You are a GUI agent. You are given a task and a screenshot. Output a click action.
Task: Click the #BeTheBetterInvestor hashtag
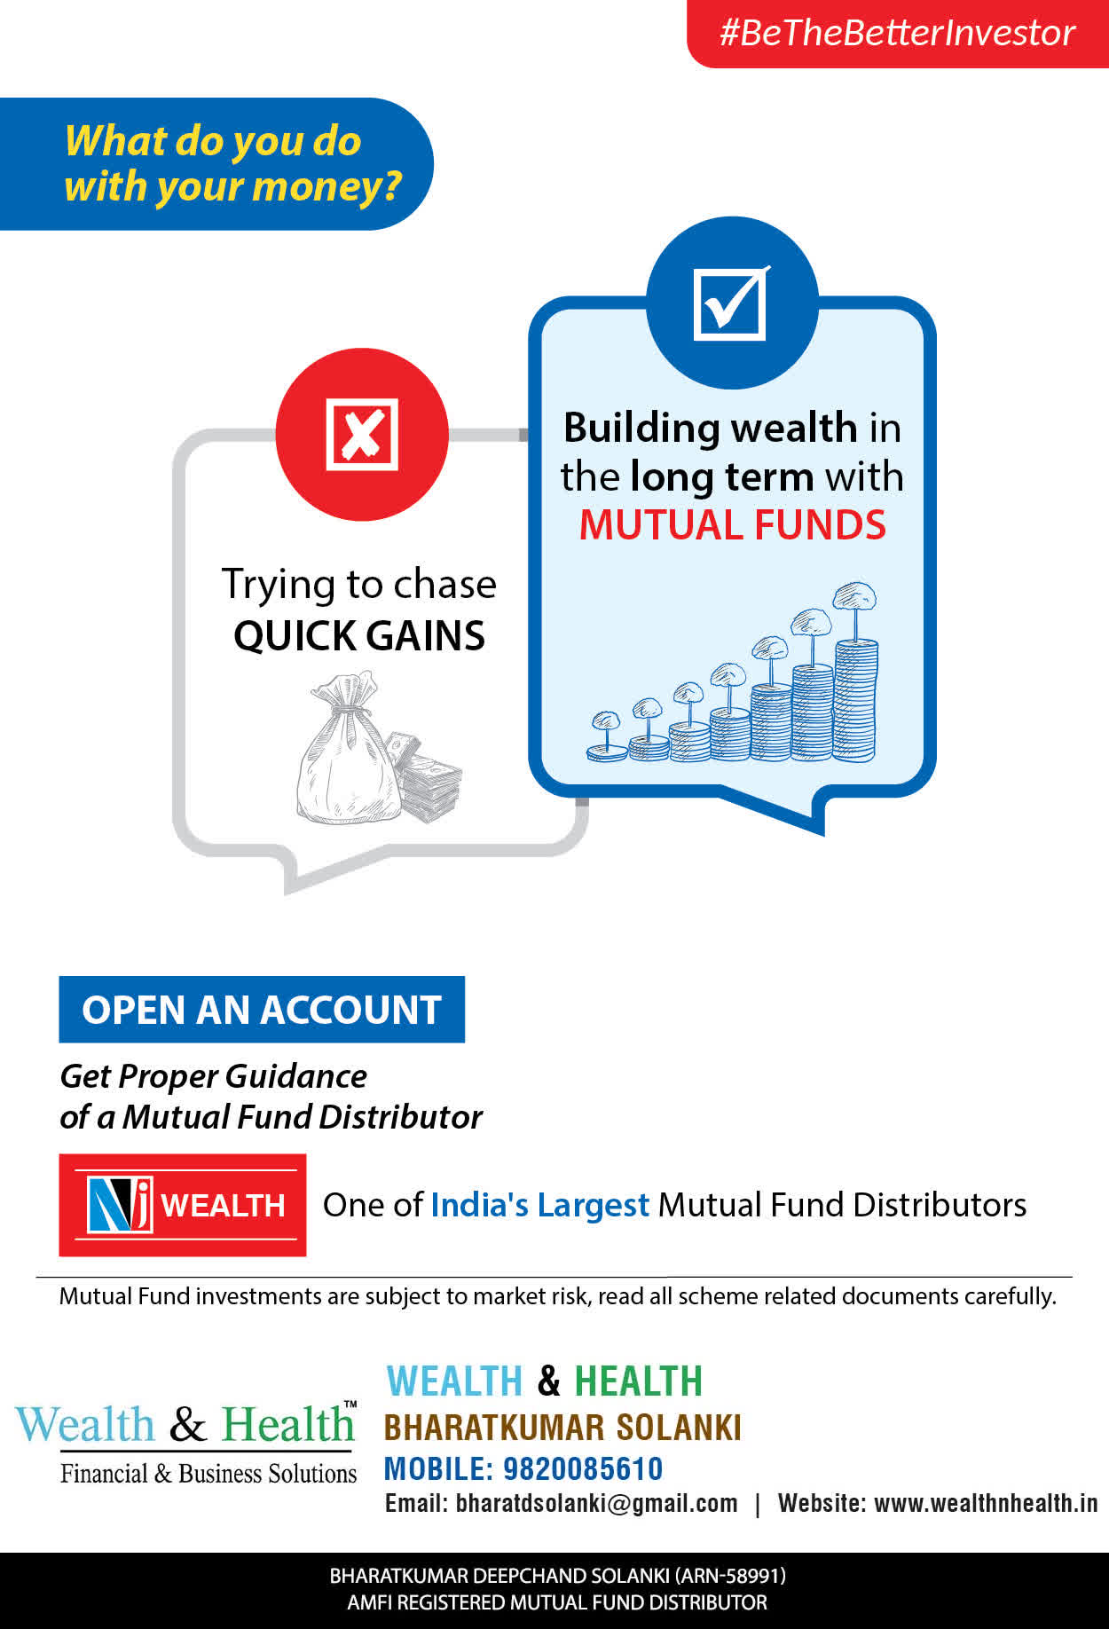pos(897,33)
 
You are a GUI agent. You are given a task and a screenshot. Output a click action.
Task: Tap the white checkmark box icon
pos(731,303)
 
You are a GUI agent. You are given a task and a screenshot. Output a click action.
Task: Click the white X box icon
pos(361,434)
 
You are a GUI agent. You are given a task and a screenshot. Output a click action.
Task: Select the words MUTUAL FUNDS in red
pos(732,524)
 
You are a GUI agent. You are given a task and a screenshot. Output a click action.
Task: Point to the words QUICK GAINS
pos(359,635)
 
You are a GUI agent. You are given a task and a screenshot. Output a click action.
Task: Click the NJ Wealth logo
pos(183,1204)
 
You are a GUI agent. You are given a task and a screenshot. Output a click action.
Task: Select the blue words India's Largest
pos(539,1205)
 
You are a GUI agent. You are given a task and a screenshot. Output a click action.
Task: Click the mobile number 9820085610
pos(583,1468)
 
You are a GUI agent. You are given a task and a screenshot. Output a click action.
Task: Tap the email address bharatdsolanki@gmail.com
pos(596,1503)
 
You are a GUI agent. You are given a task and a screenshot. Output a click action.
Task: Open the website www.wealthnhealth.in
pos(986,1503)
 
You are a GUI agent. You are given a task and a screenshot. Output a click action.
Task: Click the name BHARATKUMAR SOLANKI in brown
pos(562,1427)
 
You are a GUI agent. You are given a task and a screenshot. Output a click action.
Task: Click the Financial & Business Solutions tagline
pos(208,1473)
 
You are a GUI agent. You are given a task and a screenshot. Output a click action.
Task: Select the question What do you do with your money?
pos(232,164)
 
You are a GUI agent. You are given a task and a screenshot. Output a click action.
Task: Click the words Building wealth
pos(711,428)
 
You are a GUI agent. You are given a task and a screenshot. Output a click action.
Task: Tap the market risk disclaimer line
pos(557,1296)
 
